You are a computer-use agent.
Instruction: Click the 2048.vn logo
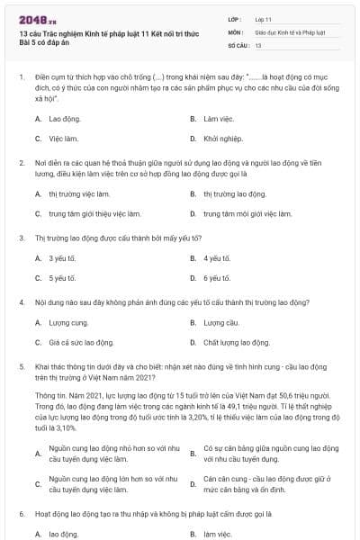coord(38,18)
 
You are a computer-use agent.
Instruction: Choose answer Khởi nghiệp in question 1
coord(218,139)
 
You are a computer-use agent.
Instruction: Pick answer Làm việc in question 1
coord(212,119)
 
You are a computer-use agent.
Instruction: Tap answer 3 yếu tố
coord(63,258)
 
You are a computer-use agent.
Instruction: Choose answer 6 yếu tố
coord(218,278)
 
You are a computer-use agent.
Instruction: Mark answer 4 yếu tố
coord(218,258)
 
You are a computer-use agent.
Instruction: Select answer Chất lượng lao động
coord(237,343)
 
